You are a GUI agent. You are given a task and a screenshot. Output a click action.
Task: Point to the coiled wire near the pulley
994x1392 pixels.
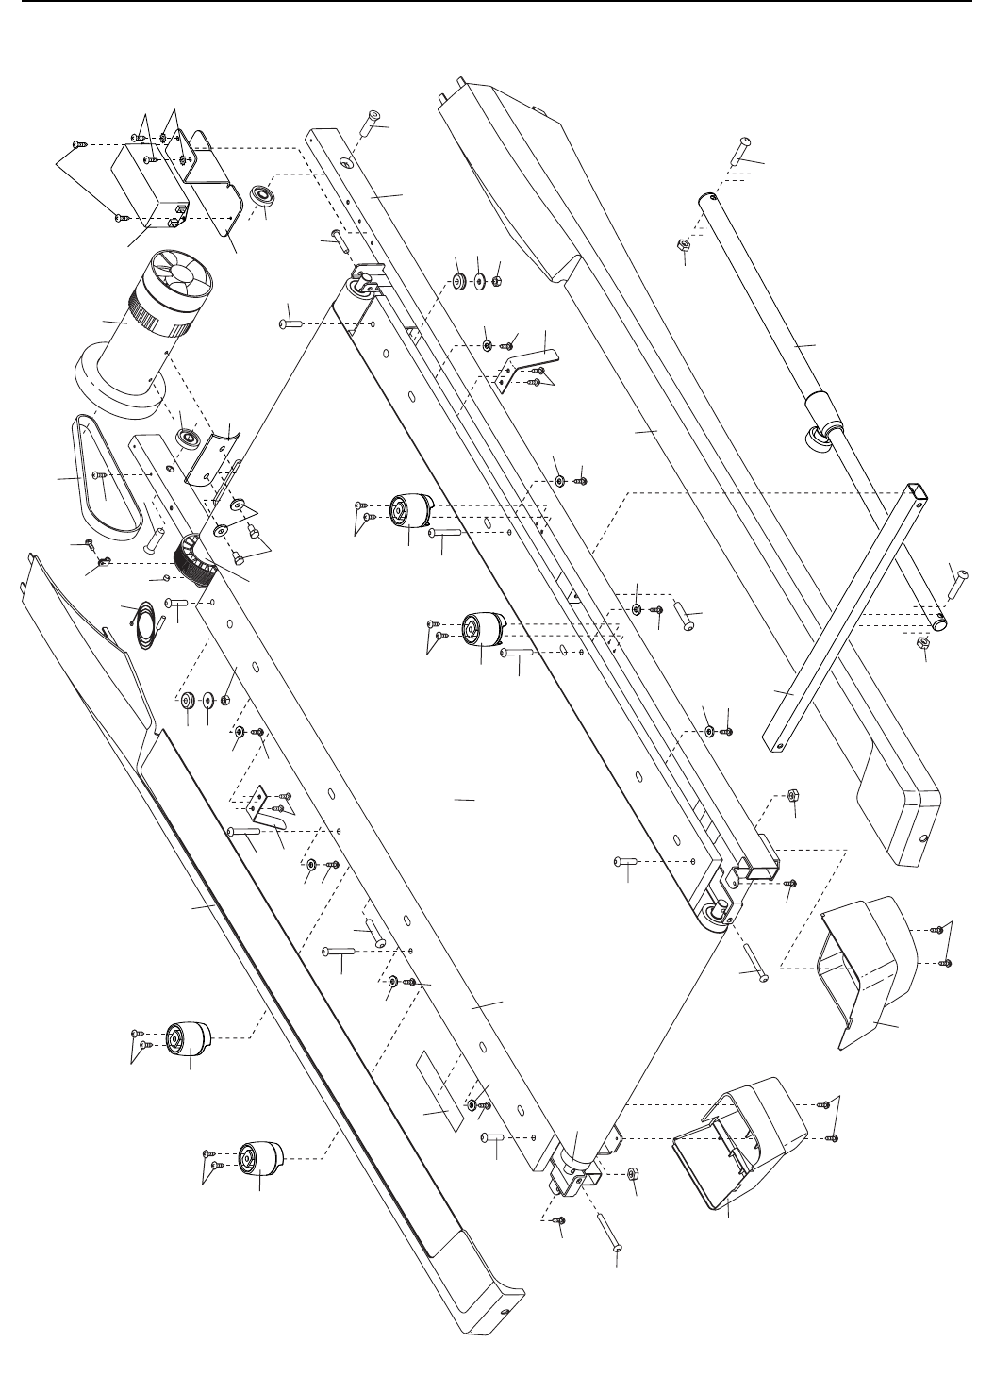tap(141, 623)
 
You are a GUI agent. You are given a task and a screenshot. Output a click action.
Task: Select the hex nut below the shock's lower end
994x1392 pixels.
tap(924, 643)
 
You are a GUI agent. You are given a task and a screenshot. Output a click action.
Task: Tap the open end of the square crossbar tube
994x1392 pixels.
tap(912, 489)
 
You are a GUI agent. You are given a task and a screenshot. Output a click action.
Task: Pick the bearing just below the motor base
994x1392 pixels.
tap(189, 438)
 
